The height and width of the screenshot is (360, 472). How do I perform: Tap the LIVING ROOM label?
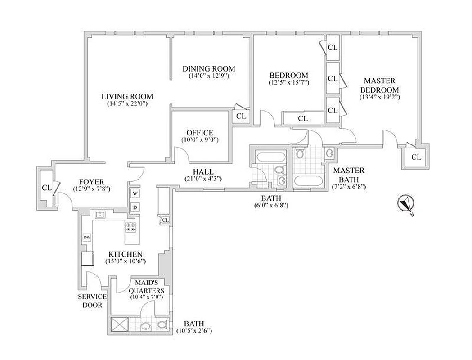(127, 96)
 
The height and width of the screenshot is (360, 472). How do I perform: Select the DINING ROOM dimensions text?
(209, 76)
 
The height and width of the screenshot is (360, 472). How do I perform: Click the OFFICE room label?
(199, 133)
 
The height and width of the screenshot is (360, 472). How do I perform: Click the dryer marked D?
(135, 207)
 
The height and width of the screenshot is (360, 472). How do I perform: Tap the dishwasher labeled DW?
(86, 238)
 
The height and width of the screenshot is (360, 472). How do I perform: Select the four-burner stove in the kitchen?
(131, 228)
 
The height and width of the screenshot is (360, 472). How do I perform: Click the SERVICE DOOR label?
(92, 301)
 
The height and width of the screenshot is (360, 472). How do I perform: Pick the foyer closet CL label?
(46, 187)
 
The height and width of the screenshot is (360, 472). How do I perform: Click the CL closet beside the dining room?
(241, 116)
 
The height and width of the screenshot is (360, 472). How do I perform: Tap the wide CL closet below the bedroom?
(303, 119)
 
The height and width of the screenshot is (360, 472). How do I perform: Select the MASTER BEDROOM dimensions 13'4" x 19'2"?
(379, 97)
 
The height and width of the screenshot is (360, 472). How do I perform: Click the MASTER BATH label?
(348, 175)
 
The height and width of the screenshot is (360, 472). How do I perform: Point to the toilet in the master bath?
(301, 154)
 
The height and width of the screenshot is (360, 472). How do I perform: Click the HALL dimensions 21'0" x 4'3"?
(203, 179)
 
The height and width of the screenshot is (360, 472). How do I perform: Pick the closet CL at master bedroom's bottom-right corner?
(416, 157)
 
